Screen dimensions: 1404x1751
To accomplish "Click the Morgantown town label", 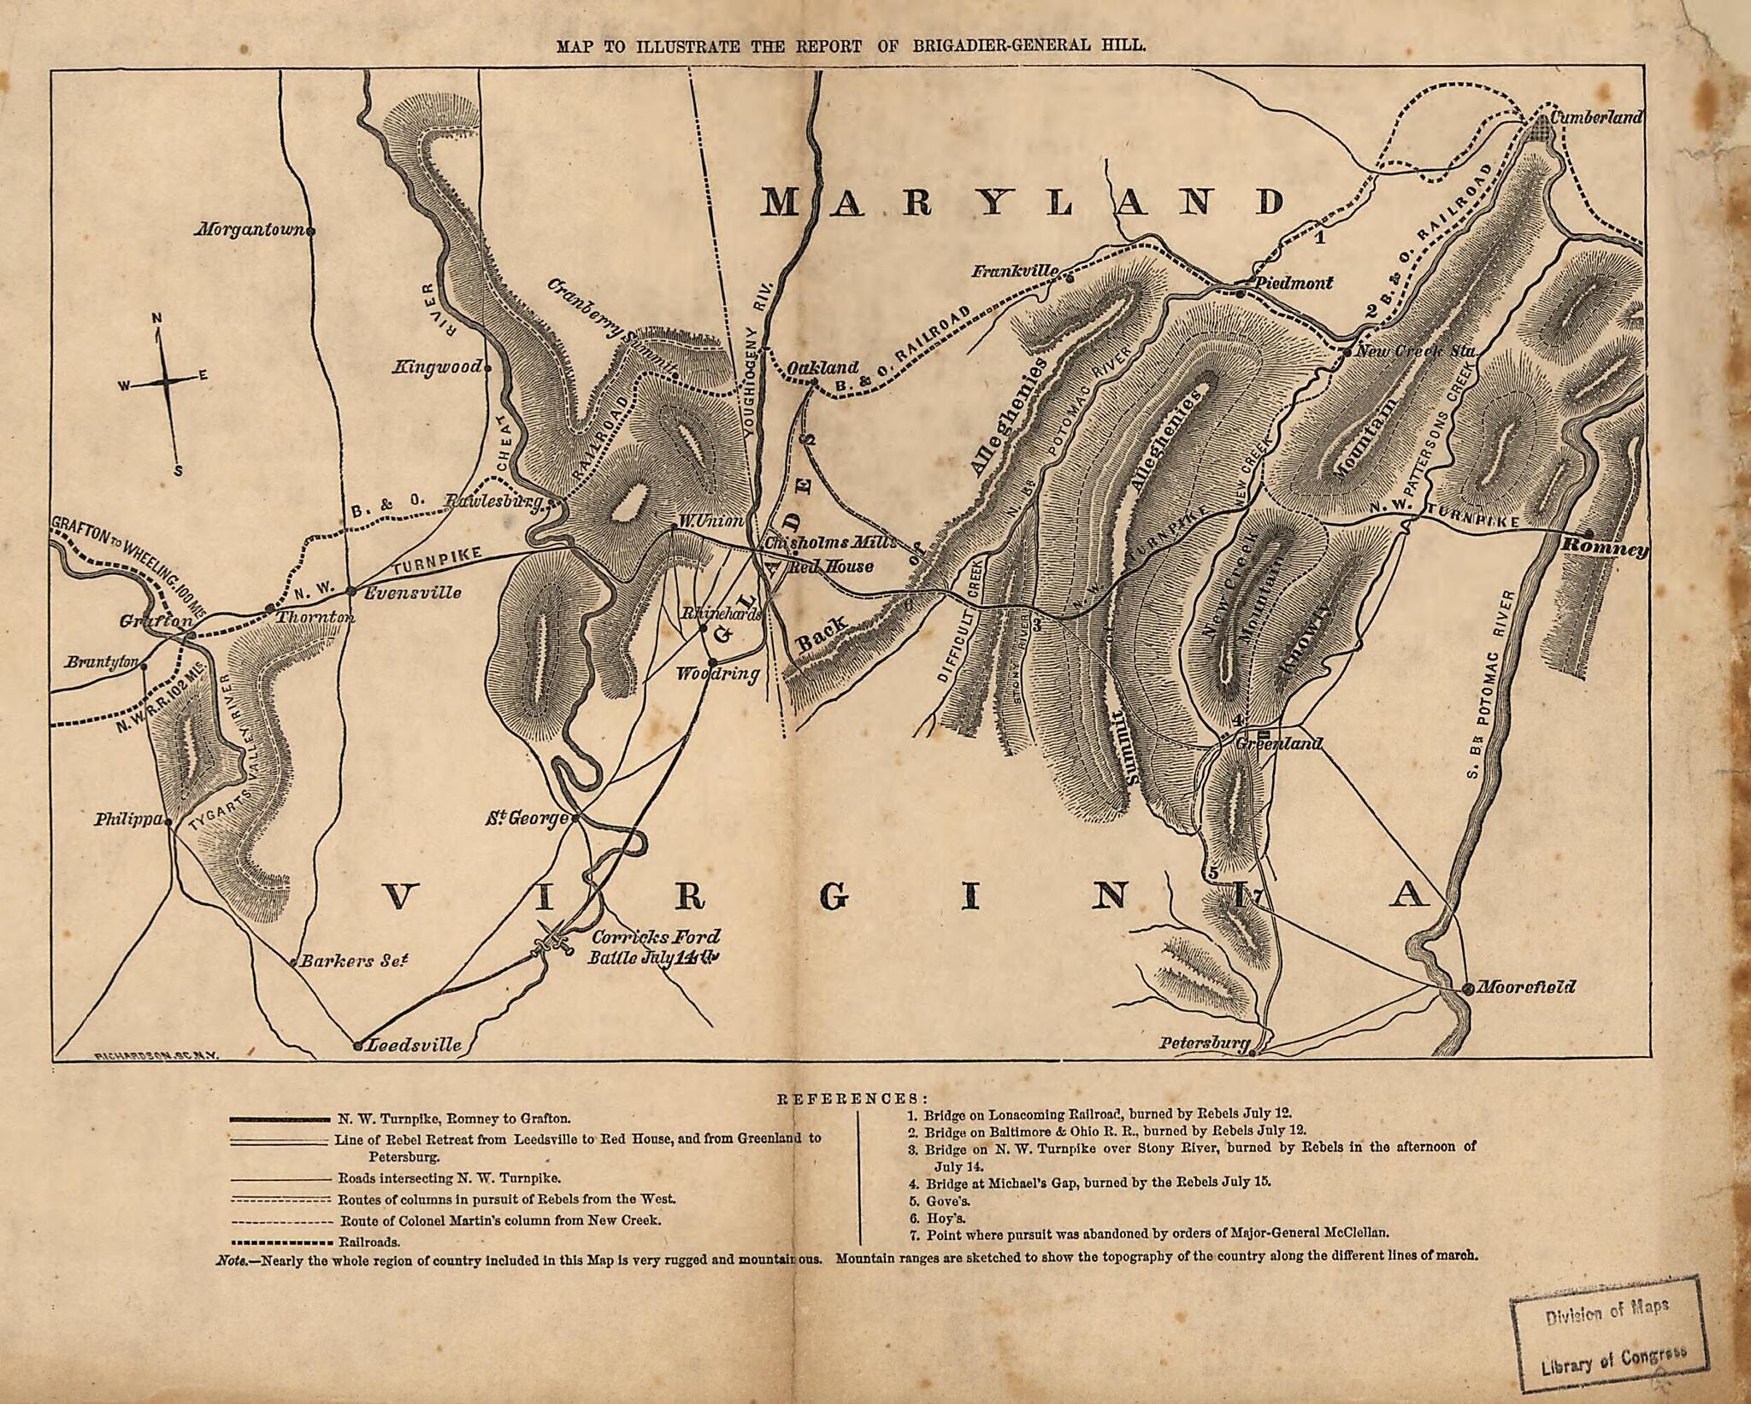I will [251, 230].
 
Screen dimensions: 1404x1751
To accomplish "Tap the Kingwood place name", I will [437, 368].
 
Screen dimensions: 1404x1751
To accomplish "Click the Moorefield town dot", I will [1467, 989].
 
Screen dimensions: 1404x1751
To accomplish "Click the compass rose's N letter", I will [156, 319].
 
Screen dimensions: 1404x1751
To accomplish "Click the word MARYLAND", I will [1023, 203].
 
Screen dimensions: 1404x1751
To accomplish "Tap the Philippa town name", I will [129, 819].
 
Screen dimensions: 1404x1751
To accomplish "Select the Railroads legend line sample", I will [280, 1242].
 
